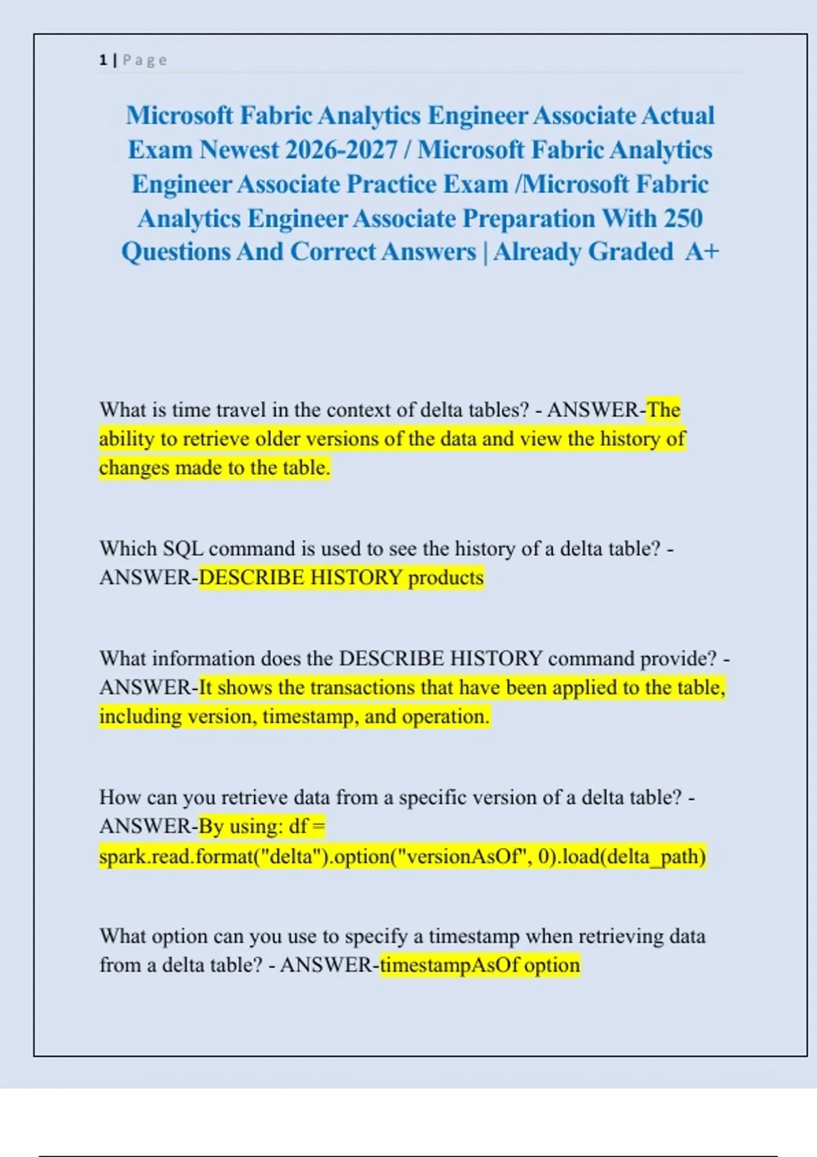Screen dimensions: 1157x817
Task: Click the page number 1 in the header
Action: click(x=103, y=60)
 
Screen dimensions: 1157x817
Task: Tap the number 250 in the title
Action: click(x=683, y=218)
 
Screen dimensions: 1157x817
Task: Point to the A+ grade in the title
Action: click(x=702, y=252)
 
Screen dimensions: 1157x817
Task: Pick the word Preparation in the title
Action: click(x=528, y=218)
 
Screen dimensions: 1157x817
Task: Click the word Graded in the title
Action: click(x=630, y=252)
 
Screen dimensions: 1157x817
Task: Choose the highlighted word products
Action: click(x=446, y=578)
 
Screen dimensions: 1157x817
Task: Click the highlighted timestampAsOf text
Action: click(x=450, y=965)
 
